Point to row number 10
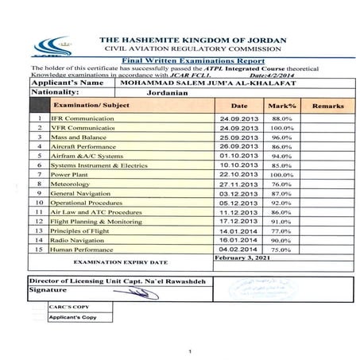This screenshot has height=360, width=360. [39, 203]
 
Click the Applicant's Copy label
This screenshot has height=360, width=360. [71, 317]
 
